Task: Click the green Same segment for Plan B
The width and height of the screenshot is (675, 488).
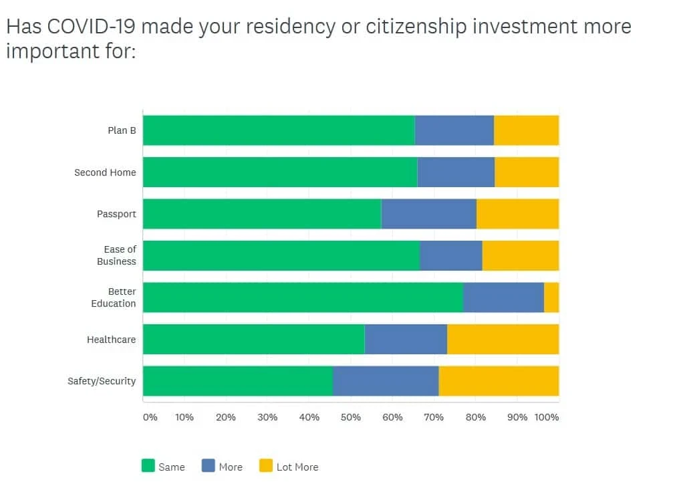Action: coord(279,130)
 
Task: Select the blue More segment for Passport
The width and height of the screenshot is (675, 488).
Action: coord(428,214)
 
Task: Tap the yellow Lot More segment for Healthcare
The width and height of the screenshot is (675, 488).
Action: coord(503,339)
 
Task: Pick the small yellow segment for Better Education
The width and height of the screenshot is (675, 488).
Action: coord(551,297)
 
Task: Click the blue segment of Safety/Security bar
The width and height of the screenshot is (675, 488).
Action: coord(386,381)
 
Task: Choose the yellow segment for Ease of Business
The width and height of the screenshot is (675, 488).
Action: coord(520,255)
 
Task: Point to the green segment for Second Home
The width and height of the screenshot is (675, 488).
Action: coord(280,172)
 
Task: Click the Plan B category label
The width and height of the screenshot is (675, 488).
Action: coord(122,130)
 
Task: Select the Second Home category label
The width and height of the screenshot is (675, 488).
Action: coord(105,172)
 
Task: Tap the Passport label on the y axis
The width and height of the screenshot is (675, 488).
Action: coord(116,214)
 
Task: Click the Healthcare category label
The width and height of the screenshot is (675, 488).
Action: coord(111,340)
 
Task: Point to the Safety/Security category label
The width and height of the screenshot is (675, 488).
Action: coord(102,381)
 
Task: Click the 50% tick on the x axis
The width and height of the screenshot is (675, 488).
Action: coord(350,417)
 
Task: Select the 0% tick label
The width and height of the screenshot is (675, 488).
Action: coord(150,417)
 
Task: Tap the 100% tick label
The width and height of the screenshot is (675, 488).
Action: coord(547,417)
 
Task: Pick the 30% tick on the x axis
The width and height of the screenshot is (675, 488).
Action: coord(267,417)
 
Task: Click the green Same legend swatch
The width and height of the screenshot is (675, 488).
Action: coord(148,466)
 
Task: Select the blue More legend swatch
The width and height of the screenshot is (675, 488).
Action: coord(208,466)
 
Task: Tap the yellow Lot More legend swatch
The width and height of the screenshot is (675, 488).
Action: coord(265,466)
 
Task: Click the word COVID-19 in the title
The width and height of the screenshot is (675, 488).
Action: coord(94,27)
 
